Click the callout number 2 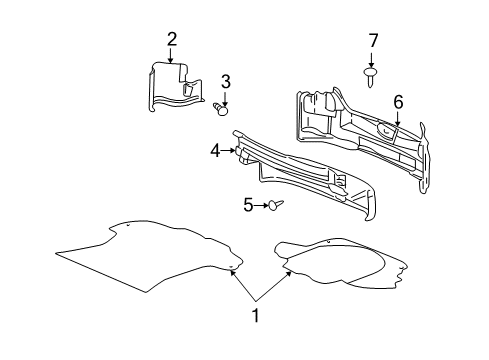pyautogui.click(x=172, y=39)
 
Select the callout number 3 pyautogui.click(x=226, y=81)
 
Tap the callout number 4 pyautogui.click(x=214, y=151)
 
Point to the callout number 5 pyautogui.click(x=248, y=205)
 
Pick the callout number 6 pyautogui.click(x=397, y=101)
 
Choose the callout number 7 pyautogui.click(x=373, y=40)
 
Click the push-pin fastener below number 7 pyautogui.click(x=373, y=72)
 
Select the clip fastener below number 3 pyautogui.click(x=222, y=105)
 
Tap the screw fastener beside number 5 pyautogui.click(x=276, y=205)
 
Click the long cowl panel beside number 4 pyautogui.click(x=300, y=175)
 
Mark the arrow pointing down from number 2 pyautogui.click(x=172, y=56)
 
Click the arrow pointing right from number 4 pyautogui.click(x=229, y=151)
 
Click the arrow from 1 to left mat pyautogui.click(x=244, y=285)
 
